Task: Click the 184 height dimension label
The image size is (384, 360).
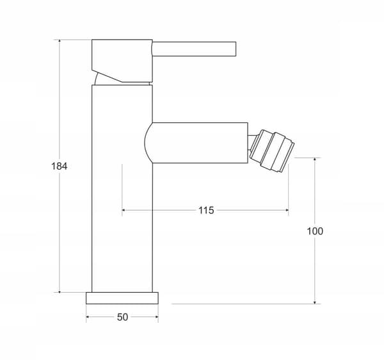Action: (x=59, y=166)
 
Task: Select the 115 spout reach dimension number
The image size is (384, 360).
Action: (x=206, y=210)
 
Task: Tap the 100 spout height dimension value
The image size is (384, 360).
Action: (x=315, y=231)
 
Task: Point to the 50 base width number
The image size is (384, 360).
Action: (x=122, y=317)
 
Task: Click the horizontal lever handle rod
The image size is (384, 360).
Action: (x=194, y=49)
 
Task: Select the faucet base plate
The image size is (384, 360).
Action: (x=122, y=298)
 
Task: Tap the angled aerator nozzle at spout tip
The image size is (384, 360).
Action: (x=272, y=151)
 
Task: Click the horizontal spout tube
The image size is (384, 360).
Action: (x=196, y=143)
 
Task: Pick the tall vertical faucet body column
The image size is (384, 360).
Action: (x=122, y=188)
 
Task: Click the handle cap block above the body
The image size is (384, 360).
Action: (x=122, y=60)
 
